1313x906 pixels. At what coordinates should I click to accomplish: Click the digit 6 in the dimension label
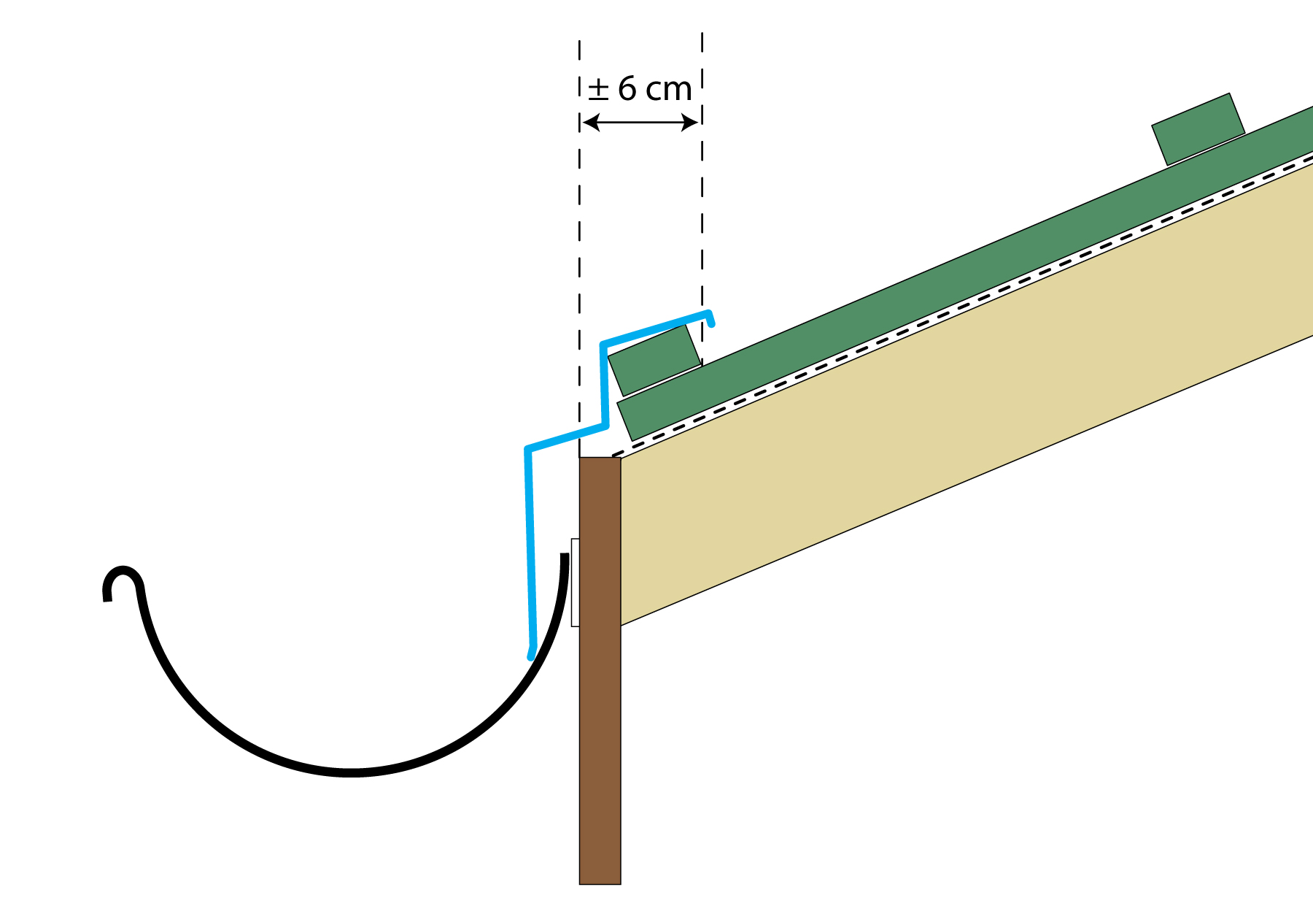tap(627, 89)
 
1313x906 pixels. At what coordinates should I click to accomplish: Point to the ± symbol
tap(598, 89)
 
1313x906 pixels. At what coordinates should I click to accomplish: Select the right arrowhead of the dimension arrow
tap(690, 123)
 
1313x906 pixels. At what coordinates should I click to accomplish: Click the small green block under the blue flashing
tap(654, 359)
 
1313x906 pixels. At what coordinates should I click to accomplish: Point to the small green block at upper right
tap(1198, 128)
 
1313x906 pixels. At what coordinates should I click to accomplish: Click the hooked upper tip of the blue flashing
tap(710, 318)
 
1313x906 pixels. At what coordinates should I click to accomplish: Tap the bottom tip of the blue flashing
tap(531, 655)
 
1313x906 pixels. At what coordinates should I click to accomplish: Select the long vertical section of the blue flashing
tap(530, 548)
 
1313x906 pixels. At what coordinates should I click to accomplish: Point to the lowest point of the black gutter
tap(352, 772)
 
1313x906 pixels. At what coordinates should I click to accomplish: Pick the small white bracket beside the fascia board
tap(575, 582)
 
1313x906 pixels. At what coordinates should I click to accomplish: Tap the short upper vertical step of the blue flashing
tap(604, 383)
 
